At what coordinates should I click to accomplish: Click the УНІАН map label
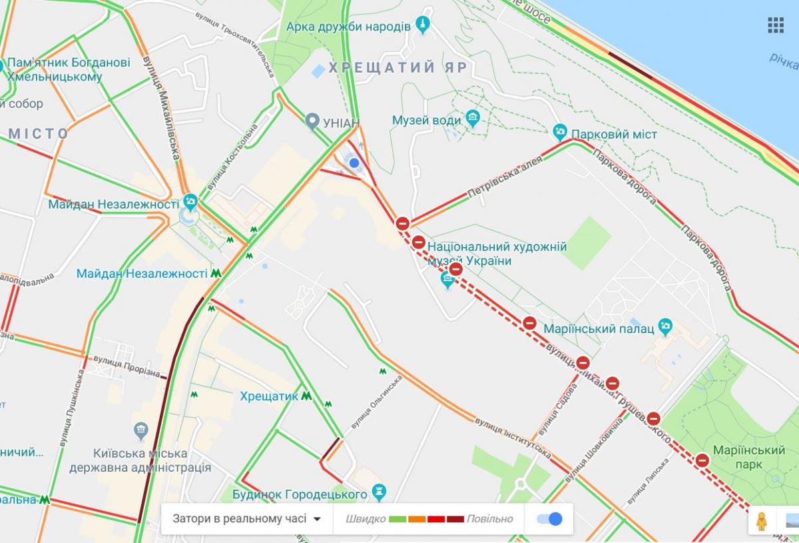341,123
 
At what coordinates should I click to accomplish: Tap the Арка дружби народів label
348,27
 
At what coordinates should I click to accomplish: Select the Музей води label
426,121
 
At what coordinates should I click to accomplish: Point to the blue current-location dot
354,163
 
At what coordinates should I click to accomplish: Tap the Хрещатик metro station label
269,396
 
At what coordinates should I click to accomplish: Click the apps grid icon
776,25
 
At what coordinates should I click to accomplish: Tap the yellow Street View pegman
761,520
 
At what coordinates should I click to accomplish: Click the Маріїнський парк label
748,458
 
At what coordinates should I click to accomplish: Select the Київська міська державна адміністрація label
140,460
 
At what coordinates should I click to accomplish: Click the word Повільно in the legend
489,519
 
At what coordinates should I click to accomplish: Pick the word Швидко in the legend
366,519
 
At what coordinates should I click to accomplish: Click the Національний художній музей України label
497,254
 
